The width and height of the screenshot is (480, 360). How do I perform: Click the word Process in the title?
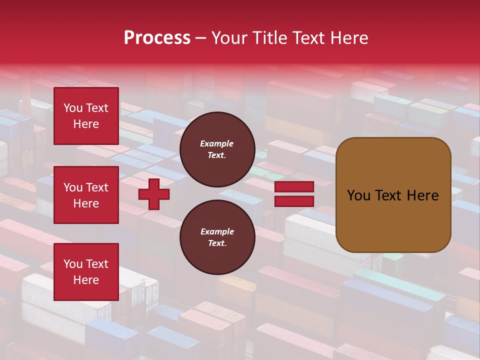[x=157, y=38]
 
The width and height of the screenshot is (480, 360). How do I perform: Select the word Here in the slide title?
[x=348, y=38]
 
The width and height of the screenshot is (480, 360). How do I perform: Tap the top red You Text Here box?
[x=86, y=116]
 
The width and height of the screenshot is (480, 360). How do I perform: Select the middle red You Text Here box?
[x=86, y=195]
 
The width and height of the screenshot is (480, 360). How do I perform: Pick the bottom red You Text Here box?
[x=86, y=272]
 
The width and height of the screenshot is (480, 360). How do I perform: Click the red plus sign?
[x=154, y=194]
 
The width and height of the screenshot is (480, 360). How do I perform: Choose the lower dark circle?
[x=217, y=237]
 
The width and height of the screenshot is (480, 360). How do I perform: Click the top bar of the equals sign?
[x=294, y=186]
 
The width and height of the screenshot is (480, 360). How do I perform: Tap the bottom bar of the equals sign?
[x=294, y=201]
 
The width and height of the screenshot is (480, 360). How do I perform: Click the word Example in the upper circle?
[x=217, y=143]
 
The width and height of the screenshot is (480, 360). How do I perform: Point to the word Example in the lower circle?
[x=217, y=231]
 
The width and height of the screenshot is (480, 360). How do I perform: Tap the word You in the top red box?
[x=73, y=108]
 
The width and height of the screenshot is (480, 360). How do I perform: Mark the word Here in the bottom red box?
[x=86, y=280]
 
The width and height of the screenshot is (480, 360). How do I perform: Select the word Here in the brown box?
[x=422, y=195]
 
